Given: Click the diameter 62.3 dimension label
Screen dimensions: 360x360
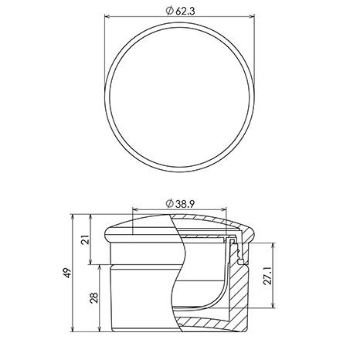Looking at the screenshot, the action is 180,11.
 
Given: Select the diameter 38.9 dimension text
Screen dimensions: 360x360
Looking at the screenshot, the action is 180,204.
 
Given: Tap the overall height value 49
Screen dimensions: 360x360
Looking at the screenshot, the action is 67,273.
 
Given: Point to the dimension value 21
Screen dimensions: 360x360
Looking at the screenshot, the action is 87,239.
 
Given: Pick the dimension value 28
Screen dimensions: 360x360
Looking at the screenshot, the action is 94,297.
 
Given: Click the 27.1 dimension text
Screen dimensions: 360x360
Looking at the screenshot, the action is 268,275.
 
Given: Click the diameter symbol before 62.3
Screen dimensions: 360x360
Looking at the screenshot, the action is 169,11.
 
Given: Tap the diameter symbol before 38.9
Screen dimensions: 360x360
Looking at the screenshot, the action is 169,204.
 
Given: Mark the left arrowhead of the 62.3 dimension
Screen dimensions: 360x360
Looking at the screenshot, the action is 107,16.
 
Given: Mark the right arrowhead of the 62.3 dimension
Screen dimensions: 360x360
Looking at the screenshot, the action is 252,16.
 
